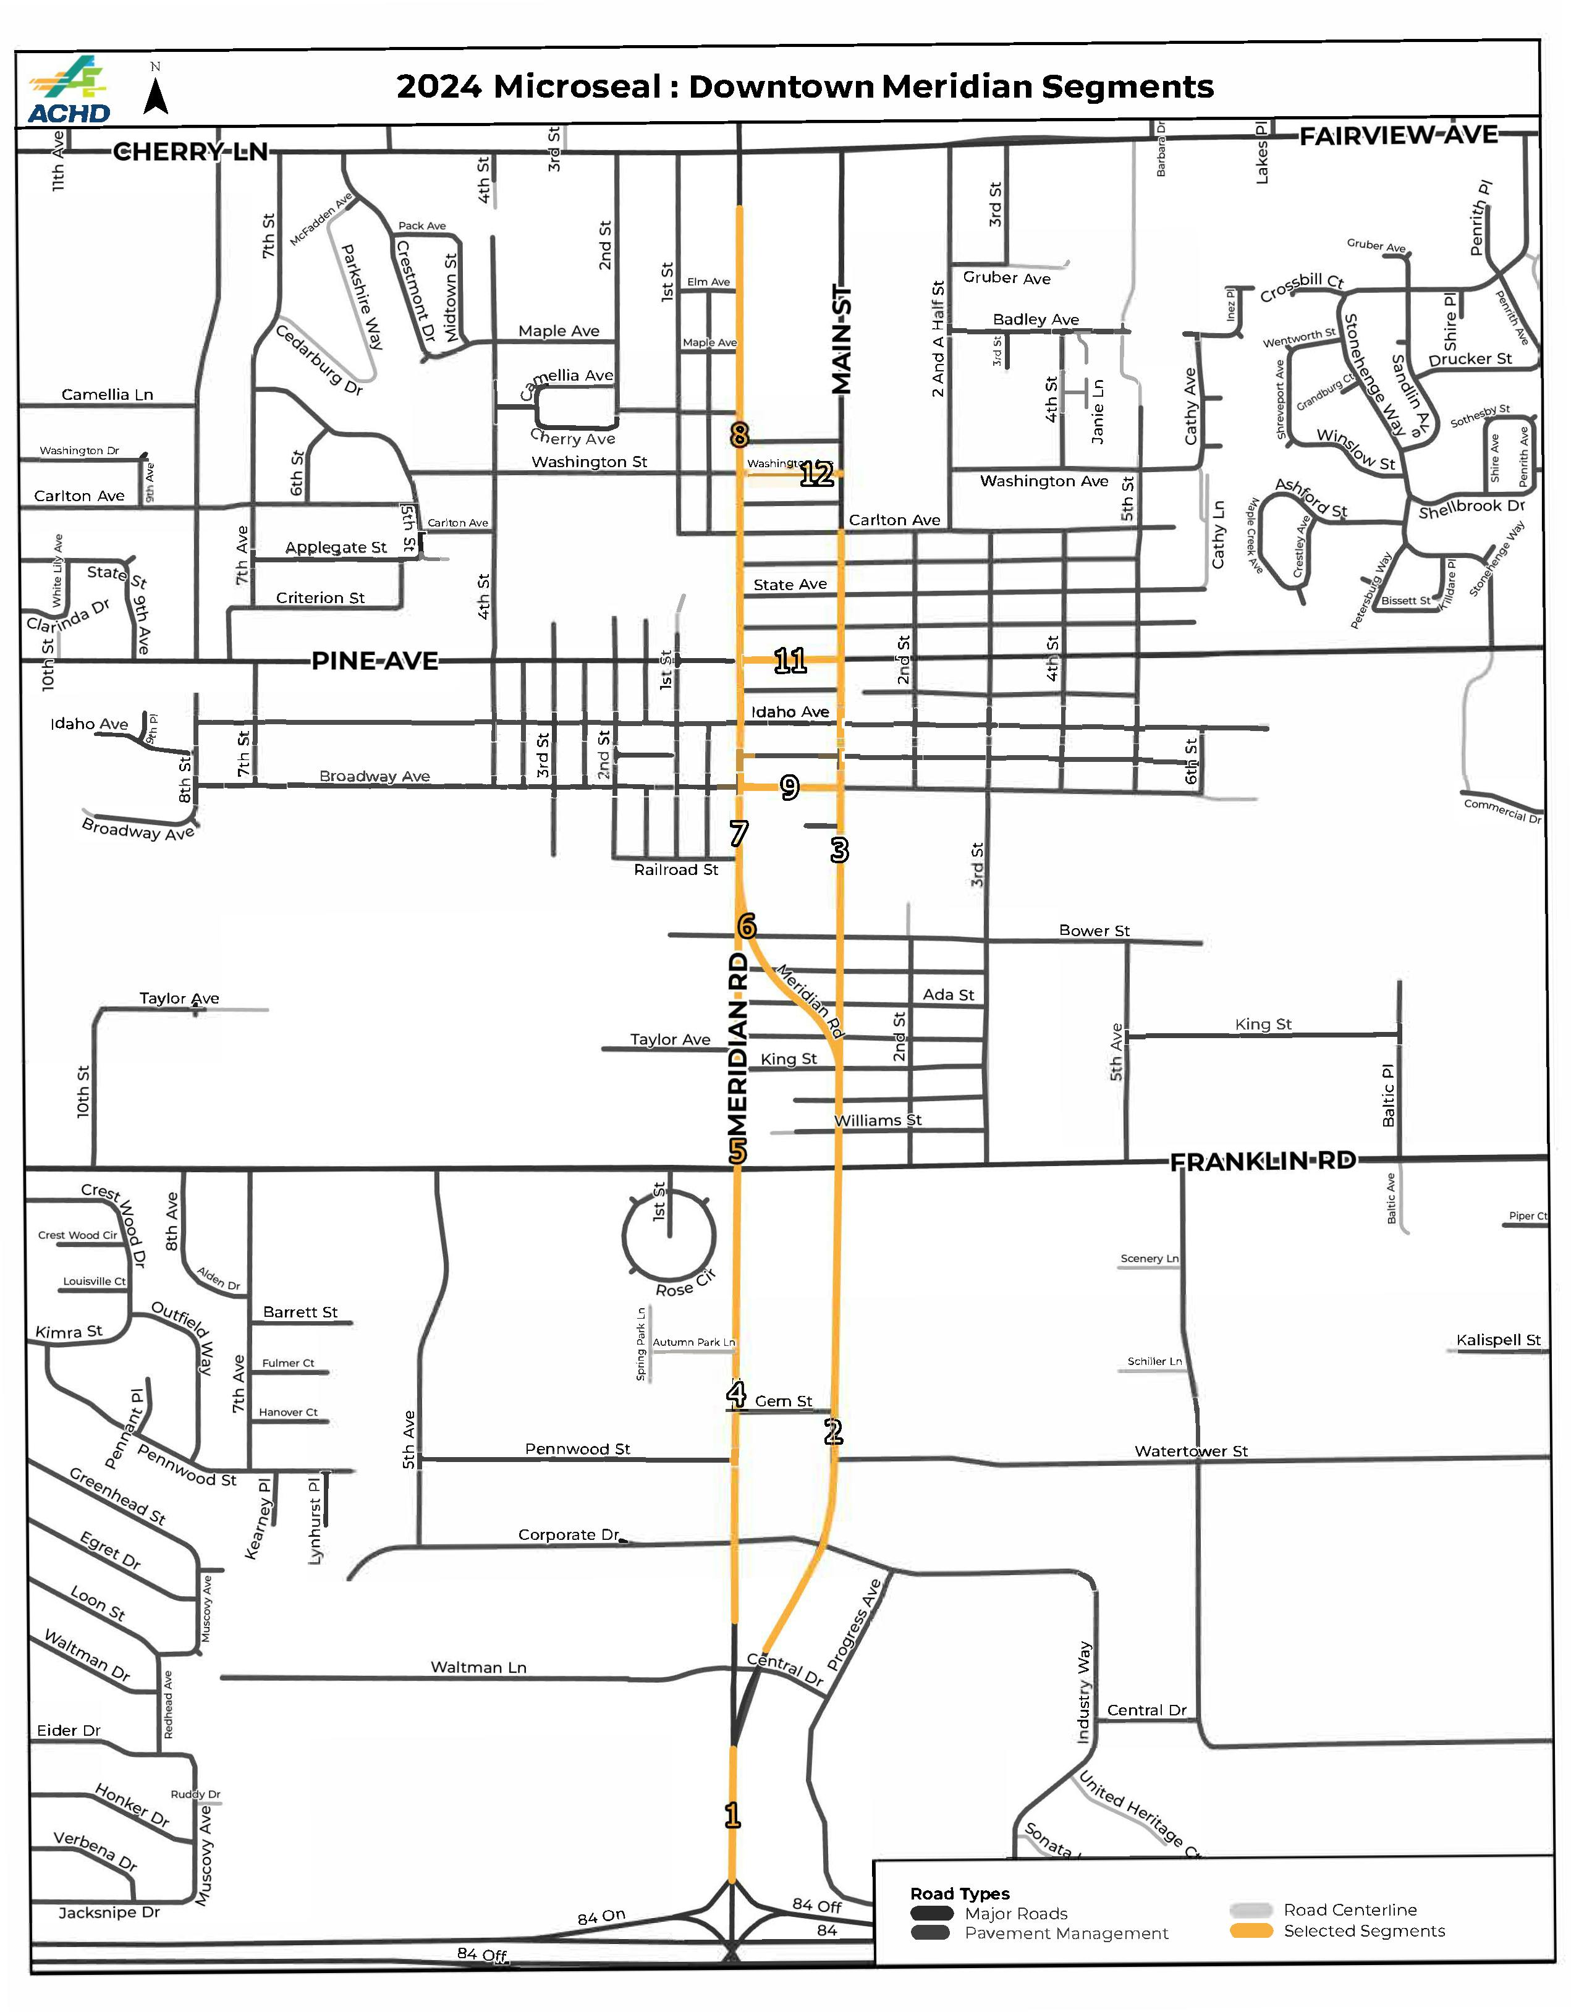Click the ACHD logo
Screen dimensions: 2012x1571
pyautogui.click(x=69, y=90)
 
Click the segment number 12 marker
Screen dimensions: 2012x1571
pyautogui.click(x=816, y=475)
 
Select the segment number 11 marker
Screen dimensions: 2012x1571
pyautogui.click(x=790, y=661)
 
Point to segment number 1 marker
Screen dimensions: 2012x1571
pyautogui.click(x=732, y=1815)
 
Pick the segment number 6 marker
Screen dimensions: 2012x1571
pyautogui.click(x=747, y=925)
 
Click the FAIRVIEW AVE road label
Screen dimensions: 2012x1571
pyautogui.click(x=1399, y=135)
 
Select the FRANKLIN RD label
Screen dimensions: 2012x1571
pyautogui.click(x=1263, y=1162)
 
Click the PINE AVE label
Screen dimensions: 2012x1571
pyautogui.click(x=374, y=661)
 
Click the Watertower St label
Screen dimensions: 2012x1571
pyautogui.click(x=1190, y=1451)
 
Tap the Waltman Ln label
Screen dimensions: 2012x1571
pyautogui.click(x=478, y=1667)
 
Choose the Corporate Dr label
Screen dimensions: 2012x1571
pyautogui.click(x=569, y=1535)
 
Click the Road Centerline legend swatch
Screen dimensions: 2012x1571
pyautogui.click(x=1250, y=1911)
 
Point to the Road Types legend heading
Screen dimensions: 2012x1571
pyautogui.click(x=959, y=1894)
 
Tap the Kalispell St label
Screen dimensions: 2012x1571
pyautogui.click(x=1498, y=1340)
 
